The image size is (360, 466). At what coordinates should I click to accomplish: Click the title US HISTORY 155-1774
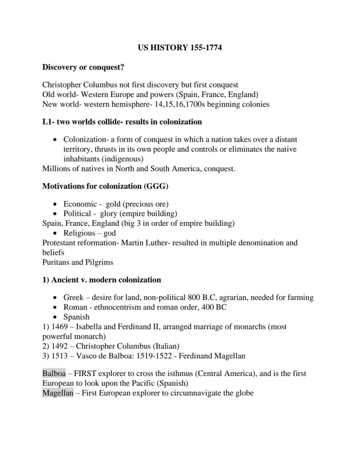[x=180, y=48]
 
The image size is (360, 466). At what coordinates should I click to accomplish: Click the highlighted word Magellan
[x=58, y=393]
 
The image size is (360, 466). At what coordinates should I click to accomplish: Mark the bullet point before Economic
[x=55, y=204]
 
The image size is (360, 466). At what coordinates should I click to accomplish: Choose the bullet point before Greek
[x=55, y=298]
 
